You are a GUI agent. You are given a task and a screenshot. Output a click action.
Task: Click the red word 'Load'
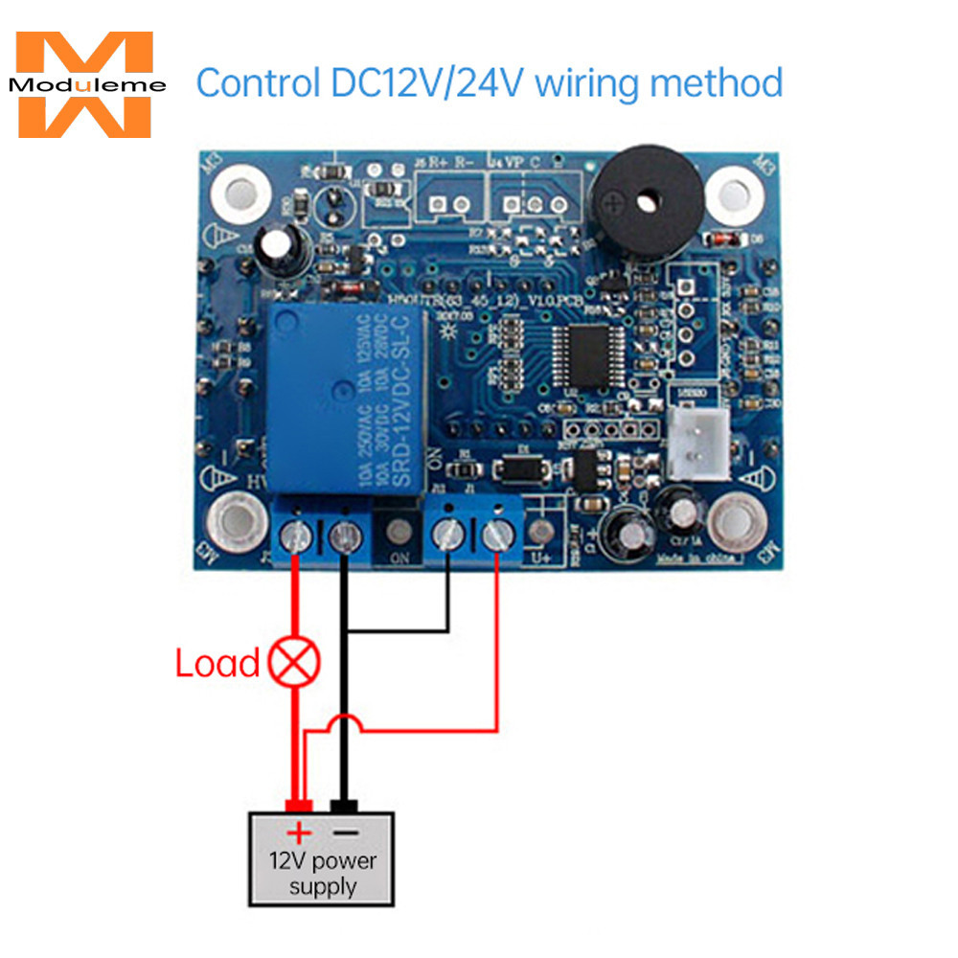(217, 663)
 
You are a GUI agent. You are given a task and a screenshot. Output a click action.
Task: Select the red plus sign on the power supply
(301, 831)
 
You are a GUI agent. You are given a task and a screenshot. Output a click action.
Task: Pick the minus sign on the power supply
(343, 831)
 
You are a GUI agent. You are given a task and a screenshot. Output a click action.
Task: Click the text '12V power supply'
(322, 873)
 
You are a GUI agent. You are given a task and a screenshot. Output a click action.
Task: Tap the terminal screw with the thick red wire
(296, 538)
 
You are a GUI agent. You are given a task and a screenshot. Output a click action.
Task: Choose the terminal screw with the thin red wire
(495, 536)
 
